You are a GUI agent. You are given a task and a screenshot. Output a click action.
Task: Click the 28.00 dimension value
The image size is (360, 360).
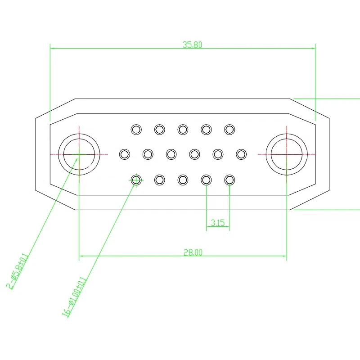193,253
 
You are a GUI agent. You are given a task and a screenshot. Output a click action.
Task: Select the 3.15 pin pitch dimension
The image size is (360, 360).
218,223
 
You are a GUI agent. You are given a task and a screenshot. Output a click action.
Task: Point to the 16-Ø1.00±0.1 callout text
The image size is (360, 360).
75,297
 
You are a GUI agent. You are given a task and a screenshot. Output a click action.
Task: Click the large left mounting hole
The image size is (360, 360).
79,154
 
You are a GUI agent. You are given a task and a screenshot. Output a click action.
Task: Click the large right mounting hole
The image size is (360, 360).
287,154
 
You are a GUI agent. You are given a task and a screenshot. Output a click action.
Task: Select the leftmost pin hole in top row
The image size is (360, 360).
136,130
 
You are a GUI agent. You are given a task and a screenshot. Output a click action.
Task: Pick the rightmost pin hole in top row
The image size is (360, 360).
229,130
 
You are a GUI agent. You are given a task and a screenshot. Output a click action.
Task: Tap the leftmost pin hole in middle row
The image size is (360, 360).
124,154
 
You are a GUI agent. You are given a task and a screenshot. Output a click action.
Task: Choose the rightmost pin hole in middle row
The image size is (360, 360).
241,154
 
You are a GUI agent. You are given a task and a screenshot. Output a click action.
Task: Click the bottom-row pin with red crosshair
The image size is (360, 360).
136,180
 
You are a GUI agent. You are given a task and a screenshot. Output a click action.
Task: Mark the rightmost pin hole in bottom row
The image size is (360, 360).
229,180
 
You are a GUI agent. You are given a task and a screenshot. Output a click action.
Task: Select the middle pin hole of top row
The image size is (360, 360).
183,130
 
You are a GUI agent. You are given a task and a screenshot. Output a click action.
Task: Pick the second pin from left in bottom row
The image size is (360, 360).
159,180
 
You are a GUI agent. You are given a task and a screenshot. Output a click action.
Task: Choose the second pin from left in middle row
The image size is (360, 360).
148,154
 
